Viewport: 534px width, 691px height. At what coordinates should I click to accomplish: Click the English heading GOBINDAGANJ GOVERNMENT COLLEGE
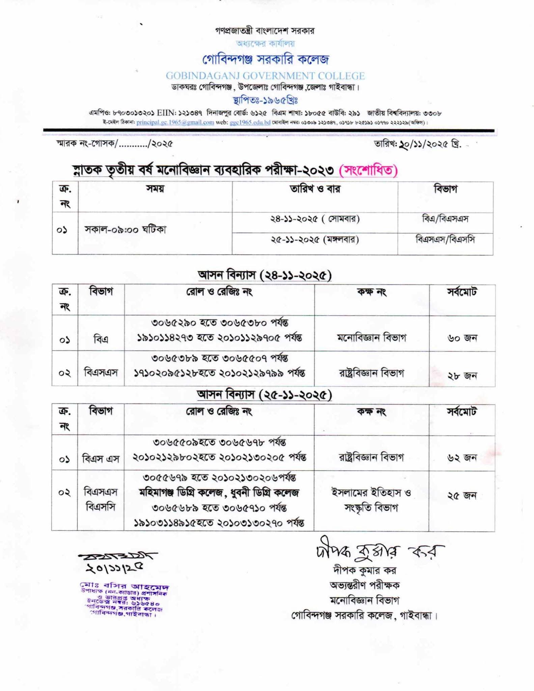265,76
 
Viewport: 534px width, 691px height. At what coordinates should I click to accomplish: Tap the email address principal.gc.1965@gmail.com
175,122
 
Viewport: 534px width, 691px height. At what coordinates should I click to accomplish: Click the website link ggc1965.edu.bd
250,122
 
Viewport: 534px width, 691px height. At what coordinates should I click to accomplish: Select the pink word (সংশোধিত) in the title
368,170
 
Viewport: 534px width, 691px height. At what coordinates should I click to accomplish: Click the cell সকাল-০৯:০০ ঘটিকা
125,230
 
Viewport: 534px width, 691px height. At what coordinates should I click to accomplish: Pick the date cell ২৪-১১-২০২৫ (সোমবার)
315,219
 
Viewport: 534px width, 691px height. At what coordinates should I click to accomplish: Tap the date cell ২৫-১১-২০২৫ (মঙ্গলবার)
314,240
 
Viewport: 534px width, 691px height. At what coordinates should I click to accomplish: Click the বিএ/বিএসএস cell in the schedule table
445,219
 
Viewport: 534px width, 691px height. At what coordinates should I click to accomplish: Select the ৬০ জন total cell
462,338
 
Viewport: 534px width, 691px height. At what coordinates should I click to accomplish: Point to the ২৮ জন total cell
462,375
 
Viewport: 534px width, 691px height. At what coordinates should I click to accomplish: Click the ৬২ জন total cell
462,458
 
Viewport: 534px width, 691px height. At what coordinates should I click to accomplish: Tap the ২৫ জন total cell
462,495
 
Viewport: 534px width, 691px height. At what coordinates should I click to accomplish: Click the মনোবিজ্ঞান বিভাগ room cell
371,337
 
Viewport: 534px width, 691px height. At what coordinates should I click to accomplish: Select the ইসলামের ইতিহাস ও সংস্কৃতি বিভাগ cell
371,500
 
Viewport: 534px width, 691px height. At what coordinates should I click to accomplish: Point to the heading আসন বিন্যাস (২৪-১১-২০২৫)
265,275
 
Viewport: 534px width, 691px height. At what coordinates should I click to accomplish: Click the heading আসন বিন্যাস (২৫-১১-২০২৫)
265,394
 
